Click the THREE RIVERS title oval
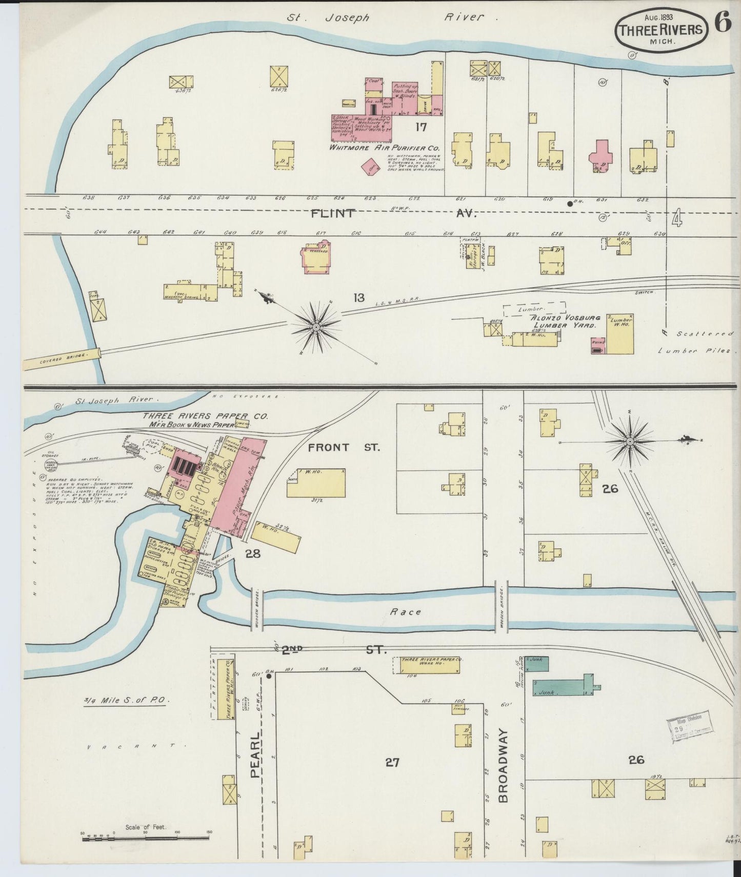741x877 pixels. pos(660,30)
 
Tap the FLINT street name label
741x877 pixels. pos(333,213)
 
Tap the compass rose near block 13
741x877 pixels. pos(316,327)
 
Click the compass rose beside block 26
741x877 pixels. pos(629,441)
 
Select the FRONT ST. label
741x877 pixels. pos(344,448)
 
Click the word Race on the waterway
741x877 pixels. pos(405,611)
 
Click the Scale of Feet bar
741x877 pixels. pos(146,838)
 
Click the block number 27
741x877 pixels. pos(392,763)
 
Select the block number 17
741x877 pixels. pos(421,127)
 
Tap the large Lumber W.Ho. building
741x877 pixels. pos(620,334)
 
